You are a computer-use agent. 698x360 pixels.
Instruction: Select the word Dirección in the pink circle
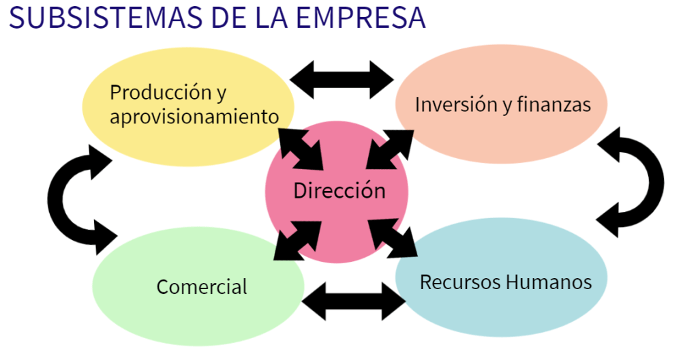pyautogui.click(x=339, y=190)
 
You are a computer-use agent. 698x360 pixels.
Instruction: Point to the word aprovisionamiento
pyautogui.click(x=194, y=116)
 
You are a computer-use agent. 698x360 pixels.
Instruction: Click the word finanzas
pyautogui.click(x=553, y=104)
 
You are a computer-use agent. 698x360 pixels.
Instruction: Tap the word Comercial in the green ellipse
pyautogui.click(x=202, y=287)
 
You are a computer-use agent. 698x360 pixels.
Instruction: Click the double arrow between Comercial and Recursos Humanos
pyautogui.click(x=353, y=300)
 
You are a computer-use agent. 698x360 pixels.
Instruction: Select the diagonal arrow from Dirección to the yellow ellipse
pyautogui.click(x=302, y=149)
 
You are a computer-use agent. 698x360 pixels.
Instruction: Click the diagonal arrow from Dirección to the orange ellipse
pyautogui.click(x=389, y=149)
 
